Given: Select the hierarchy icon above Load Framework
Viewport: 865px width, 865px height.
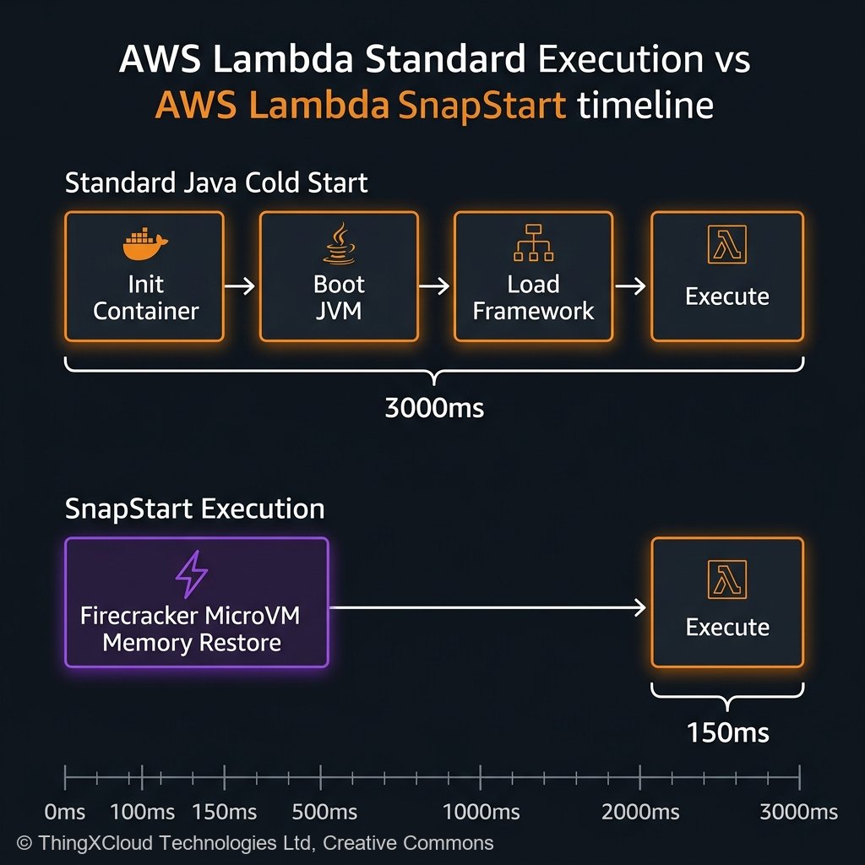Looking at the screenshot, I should coord(533,243).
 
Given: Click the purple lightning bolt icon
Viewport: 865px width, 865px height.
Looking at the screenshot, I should coord(191,577).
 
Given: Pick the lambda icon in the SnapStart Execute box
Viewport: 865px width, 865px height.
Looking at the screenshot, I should coord(726,579).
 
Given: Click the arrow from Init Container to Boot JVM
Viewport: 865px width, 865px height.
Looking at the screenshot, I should coord(242,287).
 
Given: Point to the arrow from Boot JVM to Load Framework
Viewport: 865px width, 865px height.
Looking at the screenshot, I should coord(436,287).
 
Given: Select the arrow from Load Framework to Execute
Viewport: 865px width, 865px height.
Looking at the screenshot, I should coord(631,287).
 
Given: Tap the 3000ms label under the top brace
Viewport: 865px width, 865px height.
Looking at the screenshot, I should coord(434,408).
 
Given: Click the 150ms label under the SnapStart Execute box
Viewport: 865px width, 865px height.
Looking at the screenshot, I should coord(728,732).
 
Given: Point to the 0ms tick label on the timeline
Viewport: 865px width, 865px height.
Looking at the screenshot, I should coord(65,813).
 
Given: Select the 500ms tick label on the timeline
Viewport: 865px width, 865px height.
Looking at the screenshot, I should coord(325,813).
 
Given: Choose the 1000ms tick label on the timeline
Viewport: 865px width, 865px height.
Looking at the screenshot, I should coord(481,813).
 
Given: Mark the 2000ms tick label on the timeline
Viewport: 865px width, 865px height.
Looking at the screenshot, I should coord(640,813).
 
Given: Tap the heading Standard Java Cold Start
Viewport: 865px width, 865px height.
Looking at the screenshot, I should coord(216,183).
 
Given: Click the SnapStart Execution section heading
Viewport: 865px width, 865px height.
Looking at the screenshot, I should coord(194,509).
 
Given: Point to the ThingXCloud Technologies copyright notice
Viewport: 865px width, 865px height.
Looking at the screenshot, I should coord(254,842).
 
